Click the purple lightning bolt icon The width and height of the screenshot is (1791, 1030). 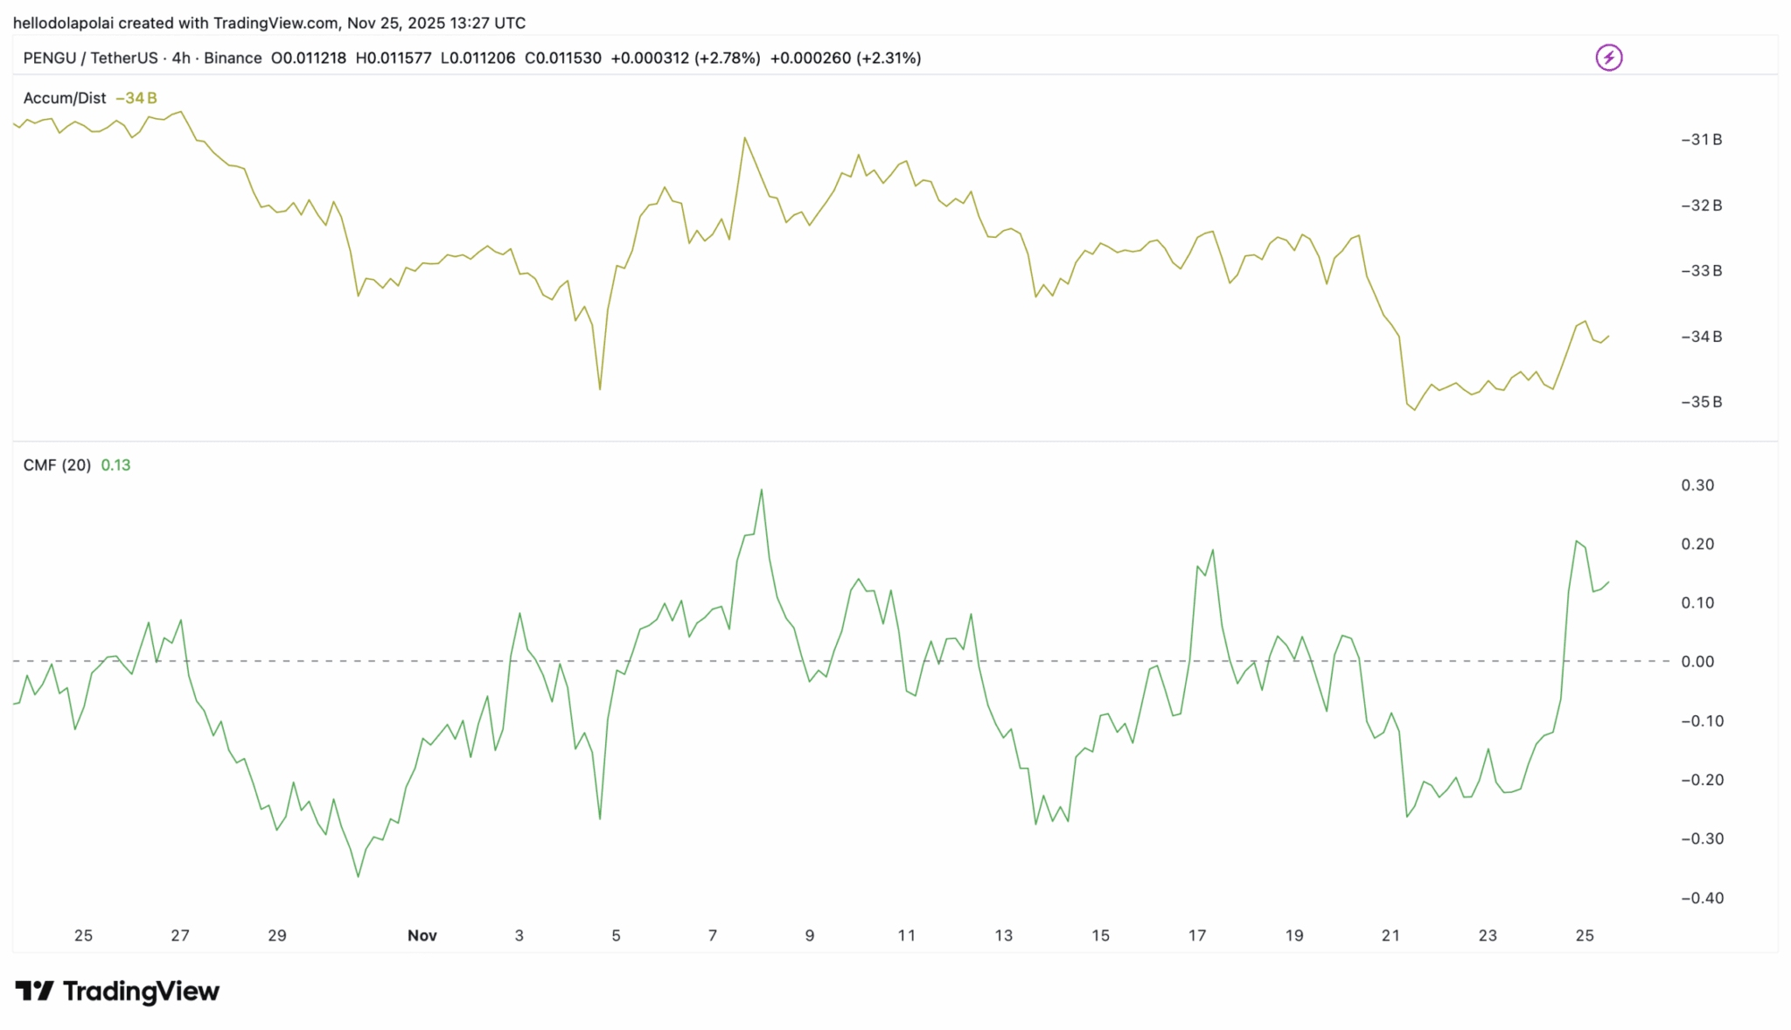1608,58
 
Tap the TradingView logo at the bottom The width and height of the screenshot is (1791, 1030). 117,991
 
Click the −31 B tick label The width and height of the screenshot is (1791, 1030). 1701,140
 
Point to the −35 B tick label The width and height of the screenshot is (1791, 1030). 1701,402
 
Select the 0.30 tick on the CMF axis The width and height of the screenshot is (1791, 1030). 1697,485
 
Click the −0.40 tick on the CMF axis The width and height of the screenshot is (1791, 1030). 1702,898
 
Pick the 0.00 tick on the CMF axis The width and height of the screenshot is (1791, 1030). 1697,662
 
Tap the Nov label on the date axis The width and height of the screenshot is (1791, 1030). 422,936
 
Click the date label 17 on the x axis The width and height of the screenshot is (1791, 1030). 1197,936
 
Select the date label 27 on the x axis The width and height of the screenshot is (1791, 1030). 180,936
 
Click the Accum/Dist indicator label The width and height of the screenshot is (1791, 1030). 65,98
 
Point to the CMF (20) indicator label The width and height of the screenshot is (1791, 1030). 57,465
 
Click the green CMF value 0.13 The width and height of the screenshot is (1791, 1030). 115,465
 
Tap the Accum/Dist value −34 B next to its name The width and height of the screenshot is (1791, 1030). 136,98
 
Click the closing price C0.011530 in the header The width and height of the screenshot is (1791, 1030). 563,59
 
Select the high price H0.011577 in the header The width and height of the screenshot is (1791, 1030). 394,59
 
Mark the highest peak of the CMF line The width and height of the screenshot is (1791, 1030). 762,490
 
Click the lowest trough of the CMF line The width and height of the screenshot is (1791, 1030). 359,876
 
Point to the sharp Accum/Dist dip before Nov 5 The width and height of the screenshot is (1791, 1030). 600,389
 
